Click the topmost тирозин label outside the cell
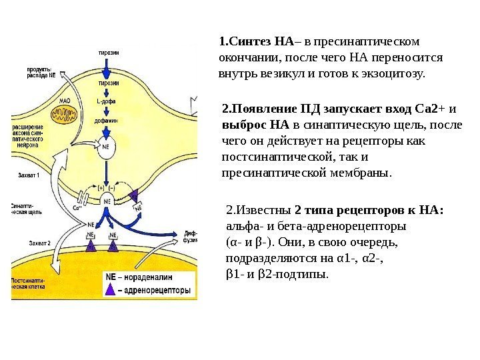point(108,51)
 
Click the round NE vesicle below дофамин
point(105,145)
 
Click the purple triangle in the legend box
point(111,291)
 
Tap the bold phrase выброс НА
point(254,125)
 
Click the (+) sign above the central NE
point(101,188)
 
